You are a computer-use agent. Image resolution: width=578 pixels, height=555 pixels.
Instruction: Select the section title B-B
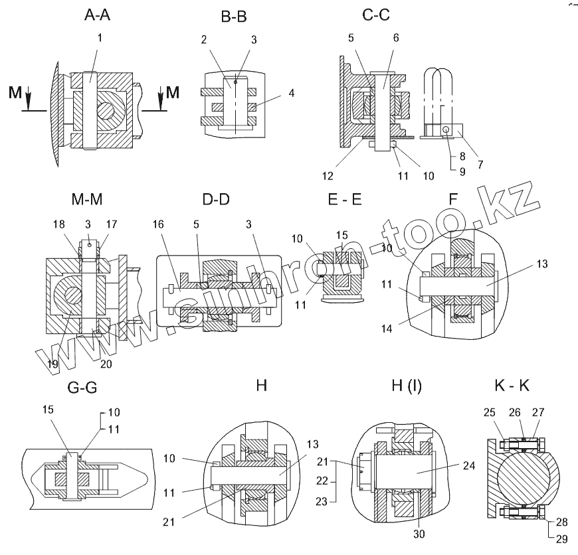point(233,18)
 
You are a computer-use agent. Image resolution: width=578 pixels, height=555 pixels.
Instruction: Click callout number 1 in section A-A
point(100,38)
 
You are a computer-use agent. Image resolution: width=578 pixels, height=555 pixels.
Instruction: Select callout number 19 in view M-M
point(52,364)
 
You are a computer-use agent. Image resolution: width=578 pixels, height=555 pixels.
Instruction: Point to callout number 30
point(419,533)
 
